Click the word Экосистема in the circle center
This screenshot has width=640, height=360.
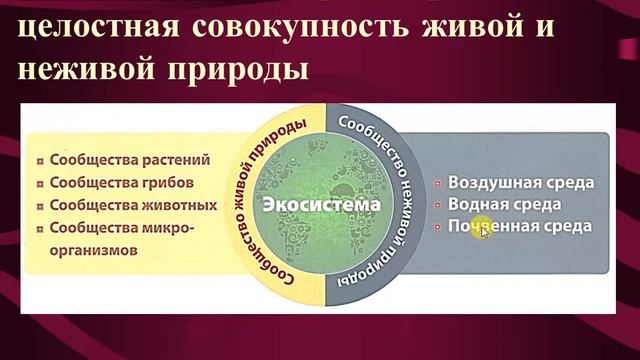click(321, 204)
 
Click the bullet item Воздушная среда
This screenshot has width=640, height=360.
click(520, 183)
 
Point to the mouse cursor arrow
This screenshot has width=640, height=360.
click(485, 232)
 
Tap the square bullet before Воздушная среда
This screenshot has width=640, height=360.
click(439, 184)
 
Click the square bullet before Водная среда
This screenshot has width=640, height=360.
click(439, 205)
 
